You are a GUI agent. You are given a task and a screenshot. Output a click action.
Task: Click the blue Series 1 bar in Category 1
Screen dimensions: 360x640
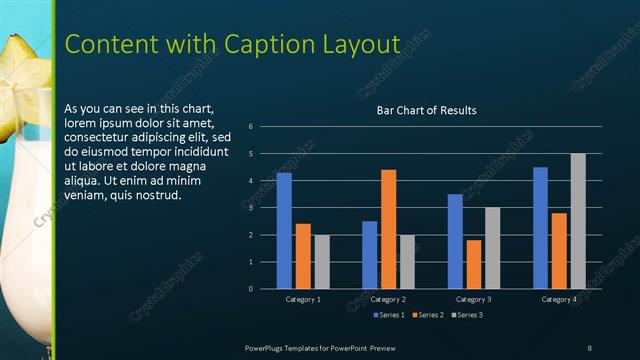284,231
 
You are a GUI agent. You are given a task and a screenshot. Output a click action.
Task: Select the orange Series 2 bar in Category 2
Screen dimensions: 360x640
388,229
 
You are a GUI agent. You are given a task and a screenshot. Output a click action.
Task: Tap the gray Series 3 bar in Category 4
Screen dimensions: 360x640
578,221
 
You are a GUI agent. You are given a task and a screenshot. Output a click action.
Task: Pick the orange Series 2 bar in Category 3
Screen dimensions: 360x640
474,264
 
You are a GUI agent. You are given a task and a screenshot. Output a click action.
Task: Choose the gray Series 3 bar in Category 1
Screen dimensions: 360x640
322,262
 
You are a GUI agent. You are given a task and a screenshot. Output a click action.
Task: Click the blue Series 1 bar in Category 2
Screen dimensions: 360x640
369,255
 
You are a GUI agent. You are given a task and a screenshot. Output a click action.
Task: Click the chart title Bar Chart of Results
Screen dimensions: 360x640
426,110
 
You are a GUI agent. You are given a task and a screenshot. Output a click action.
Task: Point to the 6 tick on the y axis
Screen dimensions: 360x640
251,127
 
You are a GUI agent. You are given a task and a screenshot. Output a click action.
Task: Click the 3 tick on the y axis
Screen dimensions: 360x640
251,208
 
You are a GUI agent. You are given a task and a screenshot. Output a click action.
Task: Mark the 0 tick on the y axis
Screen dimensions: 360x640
251,289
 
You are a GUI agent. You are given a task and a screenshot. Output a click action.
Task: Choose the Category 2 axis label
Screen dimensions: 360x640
388,299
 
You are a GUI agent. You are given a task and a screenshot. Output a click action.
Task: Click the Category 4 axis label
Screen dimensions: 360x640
559,299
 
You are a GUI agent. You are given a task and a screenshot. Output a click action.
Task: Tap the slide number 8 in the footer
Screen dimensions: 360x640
589,346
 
